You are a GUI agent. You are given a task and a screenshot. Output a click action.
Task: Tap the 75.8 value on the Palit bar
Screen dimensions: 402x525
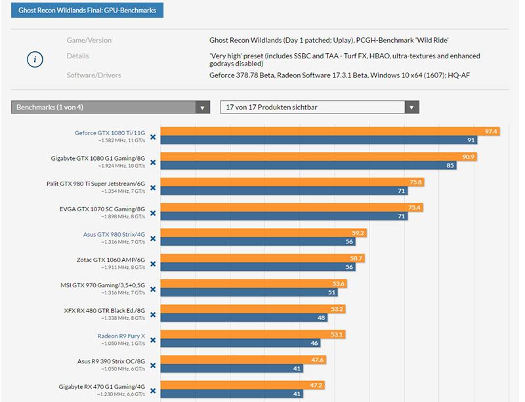pos(415,182)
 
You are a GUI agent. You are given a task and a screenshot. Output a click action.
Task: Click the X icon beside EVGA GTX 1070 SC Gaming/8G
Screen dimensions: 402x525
pos(153,213)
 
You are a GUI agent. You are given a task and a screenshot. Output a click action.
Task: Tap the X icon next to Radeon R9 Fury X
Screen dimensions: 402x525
pos(153,340)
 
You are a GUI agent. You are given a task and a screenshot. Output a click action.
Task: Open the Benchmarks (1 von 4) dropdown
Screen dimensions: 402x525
pos(110,107)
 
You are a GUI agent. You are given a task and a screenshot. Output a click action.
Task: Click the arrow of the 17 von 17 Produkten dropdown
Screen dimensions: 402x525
pos(411,107)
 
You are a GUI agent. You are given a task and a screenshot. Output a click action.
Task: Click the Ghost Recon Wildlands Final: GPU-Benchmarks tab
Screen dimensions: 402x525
pos(87,10)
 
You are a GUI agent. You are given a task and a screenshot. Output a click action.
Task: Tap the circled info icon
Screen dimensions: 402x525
pos(35,59)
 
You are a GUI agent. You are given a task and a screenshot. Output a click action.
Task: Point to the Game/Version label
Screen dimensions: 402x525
pos(89,40)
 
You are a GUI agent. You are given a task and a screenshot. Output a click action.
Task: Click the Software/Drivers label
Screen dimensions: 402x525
pos(93,75)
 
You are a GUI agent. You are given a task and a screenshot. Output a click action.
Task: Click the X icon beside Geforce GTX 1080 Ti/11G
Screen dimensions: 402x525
pos(153,137)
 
